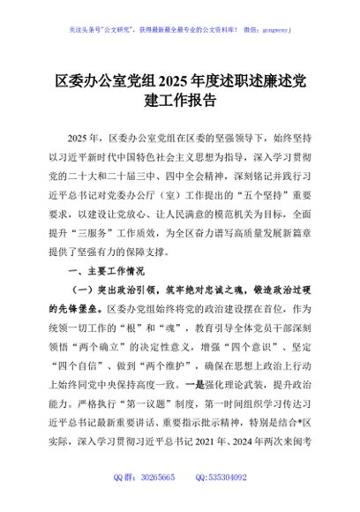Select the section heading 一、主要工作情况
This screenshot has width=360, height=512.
pos(106,273)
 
